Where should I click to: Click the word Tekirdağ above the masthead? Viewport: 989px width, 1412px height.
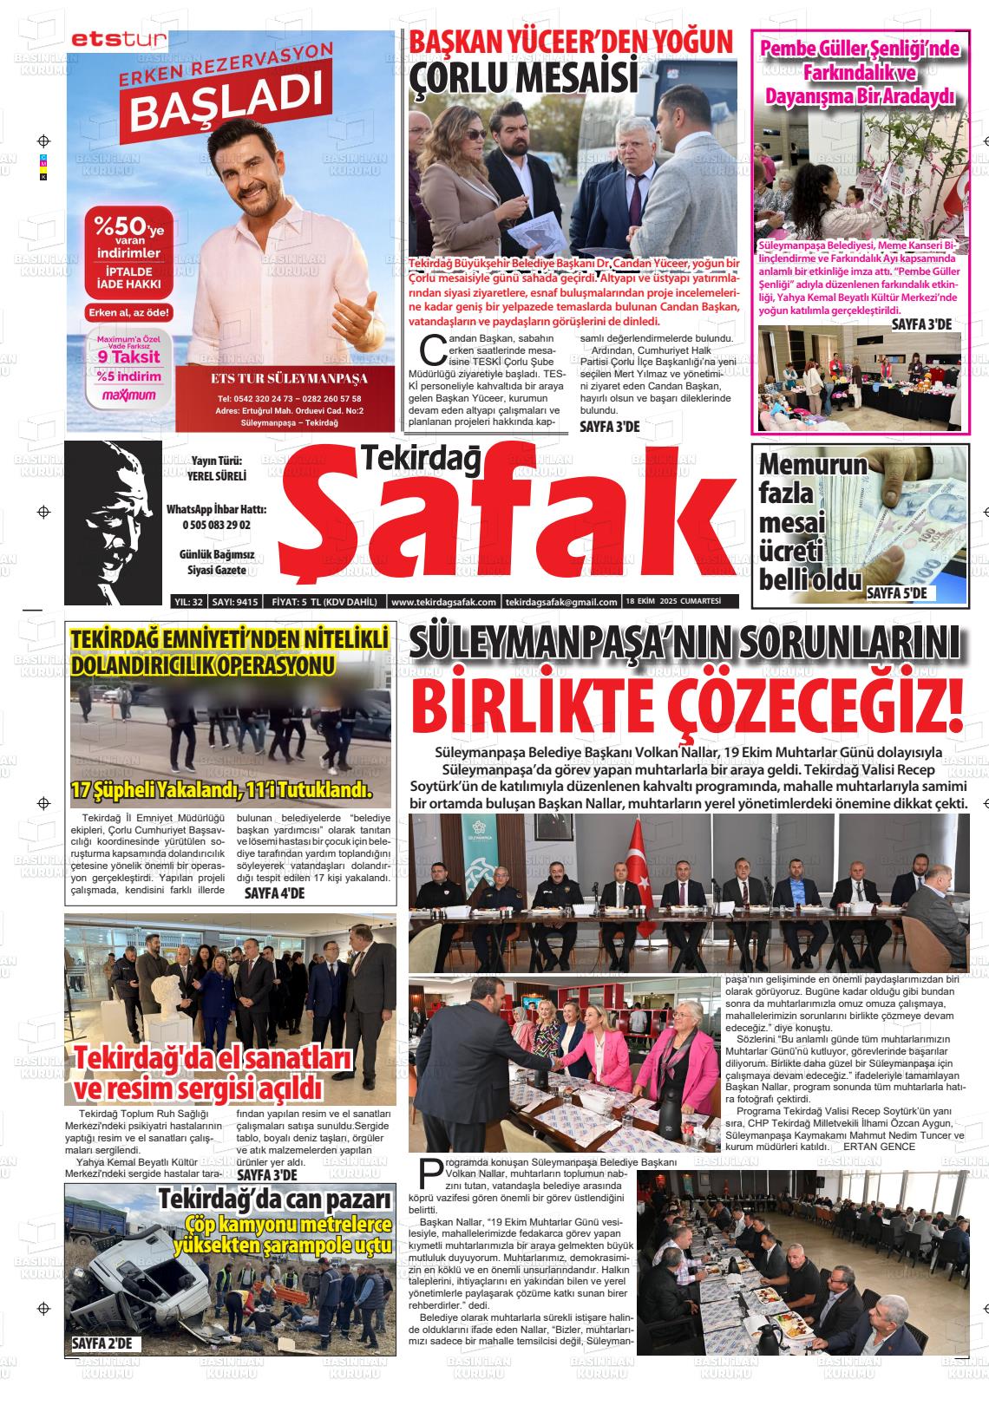(x=420, y=460)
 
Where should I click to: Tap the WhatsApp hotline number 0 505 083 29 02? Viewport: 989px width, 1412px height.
(x=216, y=525)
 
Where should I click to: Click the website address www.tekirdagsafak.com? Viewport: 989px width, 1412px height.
(x=443, y=602)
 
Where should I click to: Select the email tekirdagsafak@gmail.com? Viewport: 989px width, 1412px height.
(x=561, y=602)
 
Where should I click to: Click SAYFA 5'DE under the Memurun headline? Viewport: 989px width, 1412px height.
(x=897, y=593)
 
